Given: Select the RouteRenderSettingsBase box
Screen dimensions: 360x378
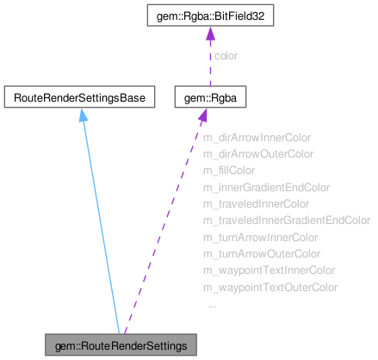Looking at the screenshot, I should pyautogui.click(x=79, y=98).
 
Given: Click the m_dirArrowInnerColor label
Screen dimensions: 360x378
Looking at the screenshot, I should pyautogui.click(x=256, y=137).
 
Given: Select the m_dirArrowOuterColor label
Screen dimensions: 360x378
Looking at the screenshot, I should pyautogui.click(x=257, y=154).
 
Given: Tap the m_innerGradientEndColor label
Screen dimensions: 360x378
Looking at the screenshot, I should pyautogui.click(x=265, y=187).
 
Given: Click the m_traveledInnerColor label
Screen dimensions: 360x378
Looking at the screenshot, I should pyautogui.click(x=255, y=204).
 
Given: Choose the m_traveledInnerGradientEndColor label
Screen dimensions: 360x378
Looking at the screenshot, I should pyautogui.click(x=286, y=220).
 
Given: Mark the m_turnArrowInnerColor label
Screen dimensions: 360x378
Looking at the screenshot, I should pyautogui.click(x=259, y=237).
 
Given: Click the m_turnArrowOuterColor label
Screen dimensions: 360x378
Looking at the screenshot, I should pyautogui.click(x=261, y=254).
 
